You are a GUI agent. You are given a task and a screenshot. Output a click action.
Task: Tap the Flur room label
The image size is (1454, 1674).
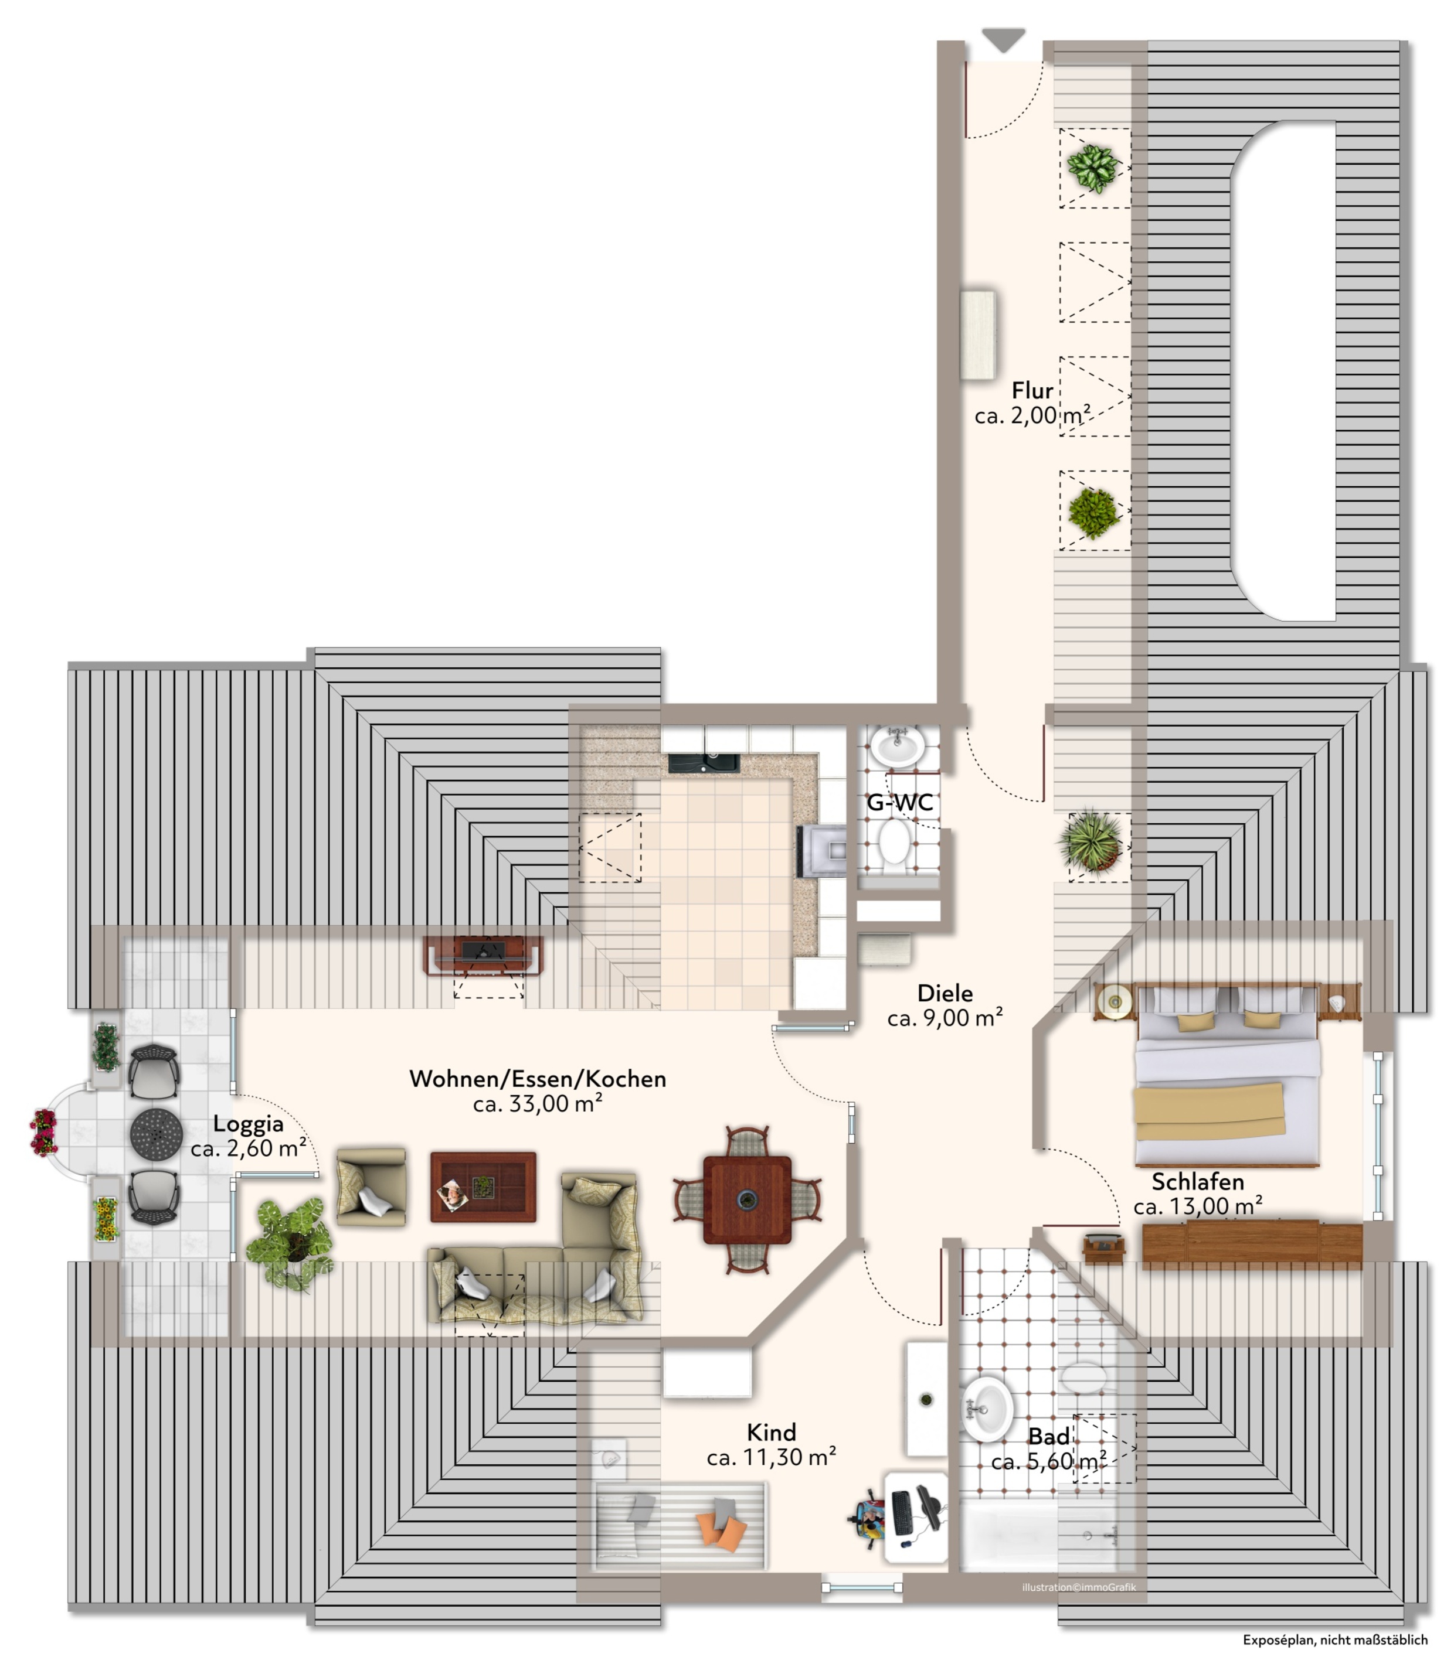[x=1032, y=390]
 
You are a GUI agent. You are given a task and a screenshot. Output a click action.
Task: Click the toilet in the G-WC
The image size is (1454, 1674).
[x=894, y=846]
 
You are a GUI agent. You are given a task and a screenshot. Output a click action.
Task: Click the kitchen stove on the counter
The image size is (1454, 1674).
[x=824, y=851]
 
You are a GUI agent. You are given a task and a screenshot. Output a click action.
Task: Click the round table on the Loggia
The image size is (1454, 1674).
[x=156, y=1134]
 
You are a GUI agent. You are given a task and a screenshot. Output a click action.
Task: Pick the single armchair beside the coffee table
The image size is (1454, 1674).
[x=371, y=1186]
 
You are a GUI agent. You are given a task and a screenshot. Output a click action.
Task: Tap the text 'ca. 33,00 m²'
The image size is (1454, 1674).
[x=537, y=1104]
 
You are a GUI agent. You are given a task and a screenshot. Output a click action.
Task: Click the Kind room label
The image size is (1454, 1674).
[x=771, y=1433]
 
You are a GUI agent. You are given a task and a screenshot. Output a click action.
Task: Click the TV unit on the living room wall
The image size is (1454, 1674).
[x=483, y=954]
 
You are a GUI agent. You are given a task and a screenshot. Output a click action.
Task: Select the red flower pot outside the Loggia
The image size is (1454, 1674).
[x=44, y=1132]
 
